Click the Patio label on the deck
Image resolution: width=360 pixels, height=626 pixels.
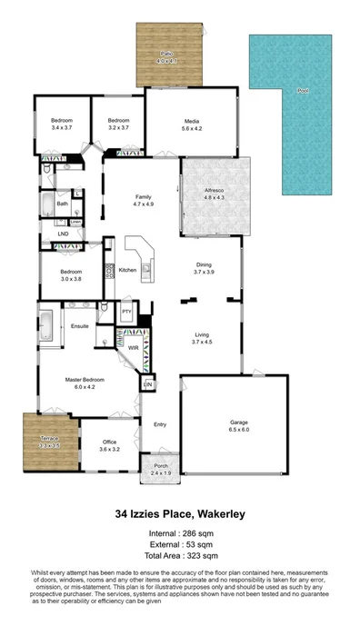tap(167, 55)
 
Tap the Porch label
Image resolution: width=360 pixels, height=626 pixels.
tap(160, 467)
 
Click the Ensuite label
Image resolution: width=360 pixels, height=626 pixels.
tap(80, 322)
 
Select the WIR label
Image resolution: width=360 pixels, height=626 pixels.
tap(133, 347)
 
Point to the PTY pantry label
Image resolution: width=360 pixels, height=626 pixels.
tap(127, 313)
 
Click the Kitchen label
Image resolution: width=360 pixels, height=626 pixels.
tap(127, 270)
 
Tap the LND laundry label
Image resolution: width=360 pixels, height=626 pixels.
tap(63, 234)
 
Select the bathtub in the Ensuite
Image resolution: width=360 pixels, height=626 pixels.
tap(47, 323)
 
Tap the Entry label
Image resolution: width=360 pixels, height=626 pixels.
tap(160, 424)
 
